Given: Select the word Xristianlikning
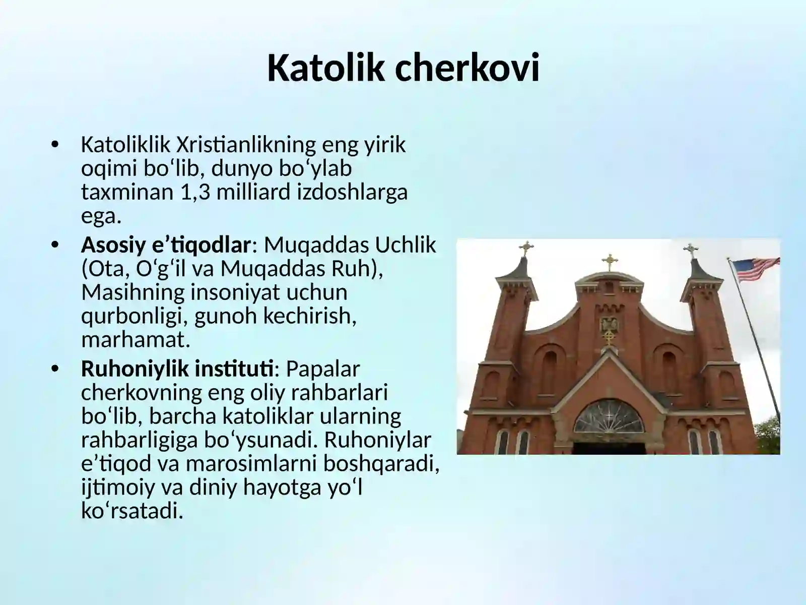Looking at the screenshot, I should (246, 145).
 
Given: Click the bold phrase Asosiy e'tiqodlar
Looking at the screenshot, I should (166, 245).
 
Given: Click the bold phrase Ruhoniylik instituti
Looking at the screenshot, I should (178, 369).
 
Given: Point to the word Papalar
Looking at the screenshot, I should (323, 369).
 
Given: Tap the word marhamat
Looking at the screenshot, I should (136, 340).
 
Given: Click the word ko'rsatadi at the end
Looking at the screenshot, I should (131, 511).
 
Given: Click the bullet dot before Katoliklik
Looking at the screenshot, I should (55, 145).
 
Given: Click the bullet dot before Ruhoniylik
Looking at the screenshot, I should (55, 369).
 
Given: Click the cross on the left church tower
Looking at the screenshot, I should (526, 248).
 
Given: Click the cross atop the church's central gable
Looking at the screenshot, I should (610, 261).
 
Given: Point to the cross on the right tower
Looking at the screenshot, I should (691, 250).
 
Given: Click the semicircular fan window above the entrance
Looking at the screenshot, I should (609, 417).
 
